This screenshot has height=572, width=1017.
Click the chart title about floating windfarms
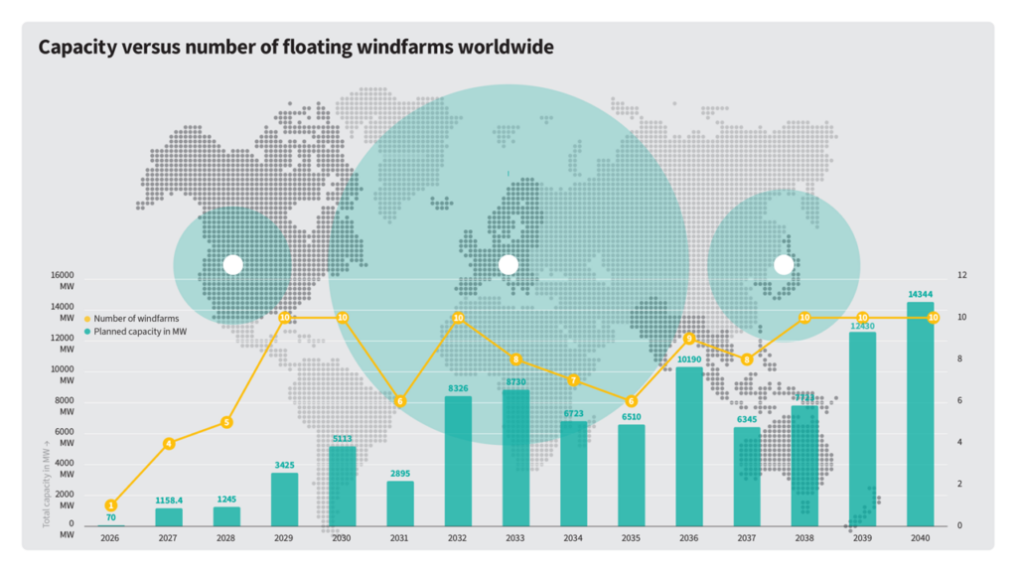coord(295,47)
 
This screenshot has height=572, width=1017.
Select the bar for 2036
coord(689,446)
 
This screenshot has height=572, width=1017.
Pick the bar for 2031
coord(400,502)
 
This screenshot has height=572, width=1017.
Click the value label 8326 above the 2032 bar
coord(458,388)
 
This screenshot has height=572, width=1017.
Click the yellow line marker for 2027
coord(169,443)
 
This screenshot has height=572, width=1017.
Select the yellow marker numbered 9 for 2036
coord(689,339)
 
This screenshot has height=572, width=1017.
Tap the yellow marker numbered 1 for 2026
coord(111,505)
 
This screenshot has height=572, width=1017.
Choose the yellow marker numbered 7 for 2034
coord(573,380)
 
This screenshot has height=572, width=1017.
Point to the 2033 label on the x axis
coord(515,537)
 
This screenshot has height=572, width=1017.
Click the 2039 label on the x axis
coord(862,537)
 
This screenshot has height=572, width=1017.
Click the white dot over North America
coord(232,265)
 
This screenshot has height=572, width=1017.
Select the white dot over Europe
coord(508,265)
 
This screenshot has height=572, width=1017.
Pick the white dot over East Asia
coord(784,265)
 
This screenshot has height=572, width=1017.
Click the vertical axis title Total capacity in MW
coord(47,481)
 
